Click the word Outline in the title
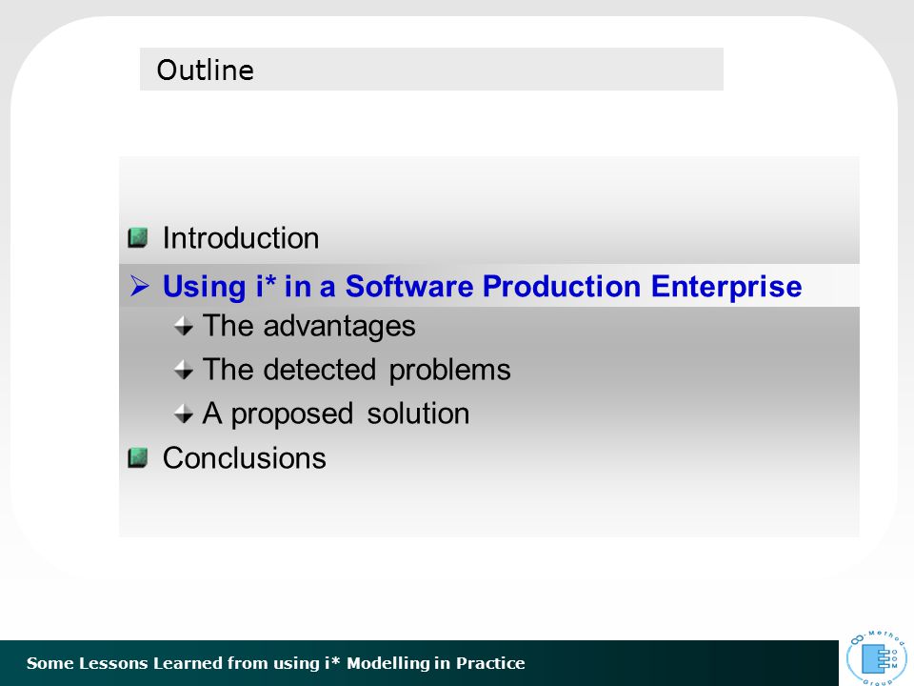pyautogui.click(x=206, y=70)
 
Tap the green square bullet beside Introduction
pyautogui.click(x=137, y=237)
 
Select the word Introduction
pyautogui.click(x=241, y=238)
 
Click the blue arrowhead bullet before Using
pyautogui.click(x=139, y=286)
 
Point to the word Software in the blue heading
pyautogui.click(x=409, y=287)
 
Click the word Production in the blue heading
pyautogui.click(x=562, y=287)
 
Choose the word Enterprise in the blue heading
pyautogui.click(x=726, y=287)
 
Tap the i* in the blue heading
pyautogui.click(x=266, y=286)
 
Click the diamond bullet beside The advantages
pyautogui.click(x=184, y=326)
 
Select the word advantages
pyautogui.click(x=339, y=327)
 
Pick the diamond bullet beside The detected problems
pyautogui.click(x=184, y=370)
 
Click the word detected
pyautogui.click(x=320, y=370)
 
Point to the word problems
pyautogui.click(x=449, y=371)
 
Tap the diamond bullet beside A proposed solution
pyautogui.click(x=184, y=414)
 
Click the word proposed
pyautogui.click(x=292, y=414)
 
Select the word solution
pyautogui.click(x=418, y=414)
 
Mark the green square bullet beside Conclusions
pyautogui.click(x=137, y=457)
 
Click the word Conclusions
pyautogui.click(x=245, y=458)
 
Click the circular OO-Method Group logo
pyautogui.click(x=877, y=656)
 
